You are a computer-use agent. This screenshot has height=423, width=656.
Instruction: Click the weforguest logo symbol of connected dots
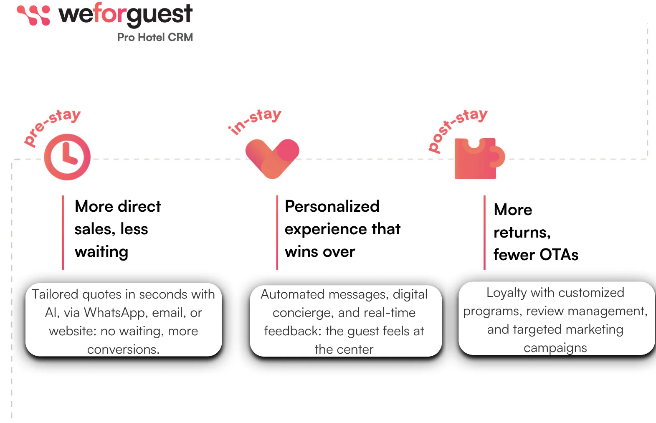pos(33,15)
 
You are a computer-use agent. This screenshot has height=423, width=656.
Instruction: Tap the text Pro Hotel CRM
pos(155,38)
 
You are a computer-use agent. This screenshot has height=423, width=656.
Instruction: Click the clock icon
pos(67,157)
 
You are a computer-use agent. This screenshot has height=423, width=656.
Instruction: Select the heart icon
pos(272,159)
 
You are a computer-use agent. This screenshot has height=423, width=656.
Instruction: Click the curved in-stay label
pos(254,121)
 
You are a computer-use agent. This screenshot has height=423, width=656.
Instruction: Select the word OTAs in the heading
pos(559,255)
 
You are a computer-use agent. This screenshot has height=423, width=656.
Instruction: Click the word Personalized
pos(332,207)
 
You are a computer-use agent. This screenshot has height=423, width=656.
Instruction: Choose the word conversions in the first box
pos(123,350)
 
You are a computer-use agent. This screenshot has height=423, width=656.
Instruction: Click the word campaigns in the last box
pos(555,348)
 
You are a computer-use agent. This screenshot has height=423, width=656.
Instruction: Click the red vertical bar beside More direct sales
pos(63,232)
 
